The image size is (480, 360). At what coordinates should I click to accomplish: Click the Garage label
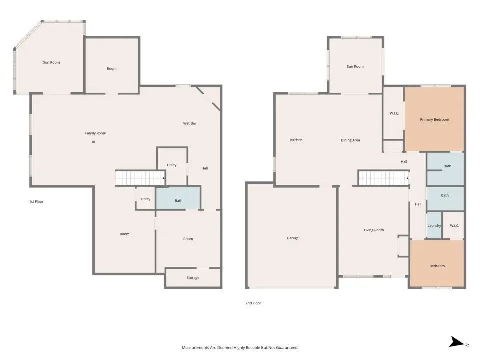pyautogui.click(x=292, y=238)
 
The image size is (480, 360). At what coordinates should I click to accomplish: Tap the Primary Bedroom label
pyautogui.click(x=434, y=119)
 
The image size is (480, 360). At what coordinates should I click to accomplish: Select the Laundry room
pyautogui.click(x=434, y=225)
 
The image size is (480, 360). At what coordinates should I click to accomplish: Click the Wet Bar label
pyautogui.click(x=190, y=123)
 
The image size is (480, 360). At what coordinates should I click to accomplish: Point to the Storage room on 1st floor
pyautogui.click(x=193, y=278)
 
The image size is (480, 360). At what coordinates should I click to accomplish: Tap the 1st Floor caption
pyautogui.click(x=36, y=201)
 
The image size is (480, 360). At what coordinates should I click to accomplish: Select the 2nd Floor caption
pyautogui.click(x=253, y=303)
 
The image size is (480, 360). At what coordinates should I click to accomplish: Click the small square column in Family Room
pyautogui.click(x=93, y=142)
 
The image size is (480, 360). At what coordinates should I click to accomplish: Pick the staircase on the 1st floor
pyautogui.click(x=140, y=178)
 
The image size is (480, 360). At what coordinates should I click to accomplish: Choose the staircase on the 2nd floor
pyautogui.click(x=383, y=178)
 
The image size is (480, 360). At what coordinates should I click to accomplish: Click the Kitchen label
pyautogui.click(x=296, y=140)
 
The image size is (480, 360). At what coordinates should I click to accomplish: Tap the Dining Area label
pyautogui.click(x=350, y=140)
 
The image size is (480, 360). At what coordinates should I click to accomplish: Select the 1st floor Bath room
pyautogui.click(x=178, y=198)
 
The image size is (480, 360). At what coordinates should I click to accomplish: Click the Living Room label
pyautogui.click(x=374, y=230)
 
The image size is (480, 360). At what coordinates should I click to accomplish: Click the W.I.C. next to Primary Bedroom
pyautogui.click(x=394, y=113)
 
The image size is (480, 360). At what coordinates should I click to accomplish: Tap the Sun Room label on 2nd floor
pyautogui.click(x=355, y=66)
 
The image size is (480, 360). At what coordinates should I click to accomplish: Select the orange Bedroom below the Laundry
pyautogui.click(x=437, y=263)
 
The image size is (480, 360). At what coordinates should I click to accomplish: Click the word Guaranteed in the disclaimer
pyautogui.click(x=287, y=348)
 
